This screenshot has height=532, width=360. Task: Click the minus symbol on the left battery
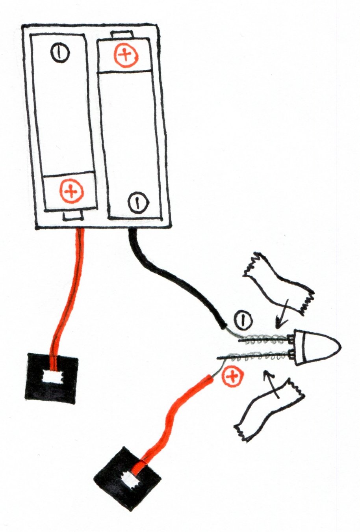point(59,52)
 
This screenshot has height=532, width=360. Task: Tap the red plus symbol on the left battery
point(72,192)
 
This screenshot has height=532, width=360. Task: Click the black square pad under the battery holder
point(51,378)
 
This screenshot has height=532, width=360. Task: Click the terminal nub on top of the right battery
point(122,35)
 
